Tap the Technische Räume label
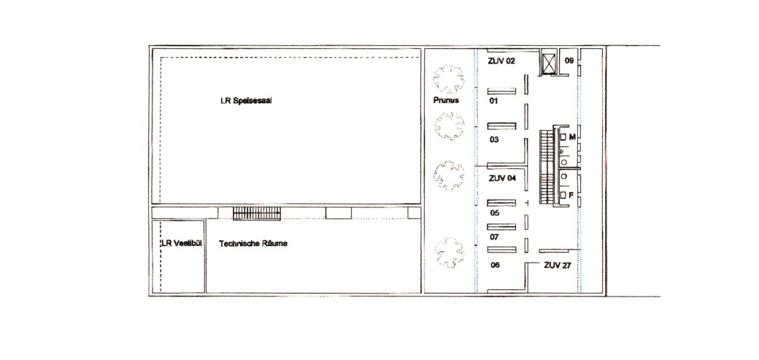point(253,244)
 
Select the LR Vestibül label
point(181,244)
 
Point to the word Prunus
point(447,102)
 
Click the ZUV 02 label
point(502,61)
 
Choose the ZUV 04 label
point(502,178)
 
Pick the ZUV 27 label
point(558,266)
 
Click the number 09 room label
point(569,61)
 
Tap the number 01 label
point(494,102)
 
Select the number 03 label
point(494,140)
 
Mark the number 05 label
point(494,212)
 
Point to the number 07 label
point(494,237)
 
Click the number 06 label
point(494,266)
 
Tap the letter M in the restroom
point(572,137)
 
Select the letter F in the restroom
point(571,195)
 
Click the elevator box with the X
point(548,63)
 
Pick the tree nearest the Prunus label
point(448,79)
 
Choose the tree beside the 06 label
point(450,253)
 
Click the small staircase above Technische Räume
point(257,214)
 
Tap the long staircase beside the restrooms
point(547,166)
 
